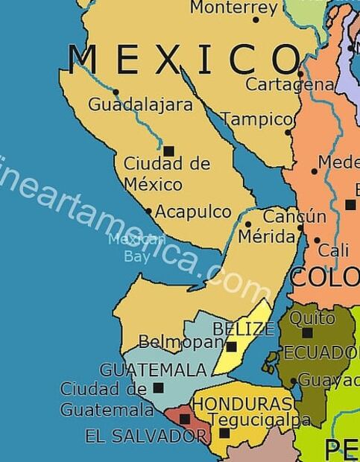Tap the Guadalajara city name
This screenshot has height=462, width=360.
141,105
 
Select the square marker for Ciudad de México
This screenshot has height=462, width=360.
169,151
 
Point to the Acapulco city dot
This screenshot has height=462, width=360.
149,212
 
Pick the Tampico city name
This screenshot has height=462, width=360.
257,119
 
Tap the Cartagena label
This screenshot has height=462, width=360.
289,85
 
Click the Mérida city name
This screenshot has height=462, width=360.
266,237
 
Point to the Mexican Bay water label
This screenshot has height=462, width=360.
136,247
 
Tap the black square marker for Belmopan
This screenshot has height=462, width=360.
232,346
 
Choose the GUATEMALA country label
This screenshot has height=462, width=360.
153,370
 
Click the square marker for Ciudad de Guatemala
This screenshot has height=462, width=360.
158,387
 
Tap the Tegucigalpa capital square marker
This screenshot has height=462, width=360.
224,433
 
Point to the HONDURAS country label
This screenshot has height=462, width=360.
242,404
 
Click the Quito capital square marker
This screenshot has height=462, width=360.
307,332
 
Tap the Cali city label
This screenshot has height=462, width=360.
333,251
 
